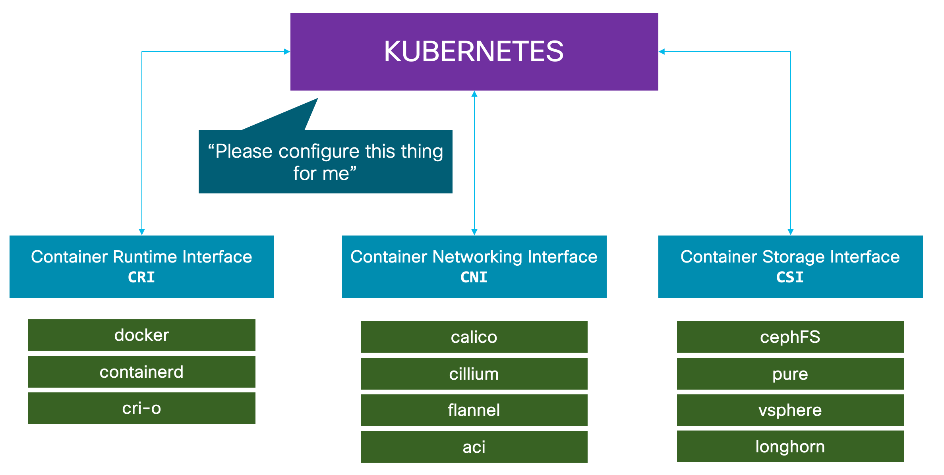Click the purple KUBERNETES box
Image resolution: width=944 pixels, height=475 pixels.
pyautogui.click(x=474, y=52)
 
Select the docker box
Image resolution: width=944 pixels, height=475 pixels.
pyautogui.click(x=142, y=335)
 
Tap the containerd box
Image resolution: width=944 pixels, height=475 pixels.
pyautogui.click(x=142, y=372)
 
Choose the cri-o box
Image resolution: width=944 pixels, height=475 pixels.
pyautogui.click(x=142, y=408)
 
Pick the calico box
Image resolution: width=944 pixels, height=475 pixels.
pyautogui.click(x=474, y=337)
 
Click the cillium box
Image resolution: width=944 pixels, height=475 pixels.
pyautogui.click(x=474, y=374)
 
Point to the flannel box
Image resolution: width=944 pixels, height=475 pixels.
pyautogui.click(x=474, y=410)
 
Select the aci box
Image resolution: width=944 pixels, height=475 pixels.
pyautogui.click(x=474, y=447)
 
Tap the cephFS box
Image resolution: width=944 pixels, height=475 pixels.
pyautogui.click(x=790, y=337)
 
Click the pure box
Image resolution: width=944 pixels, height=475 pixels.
pyautogui.click(x=790, y=374)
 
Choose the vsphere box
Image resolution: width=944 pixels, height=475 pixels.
pyautogui.click(x=790, y=410)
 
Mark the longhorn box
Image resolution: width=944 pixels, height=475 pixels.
pyautogui.click(x=790, y=446)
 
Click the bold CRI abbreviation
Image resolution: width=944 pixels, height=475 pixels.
pyautogui.click(x=141, y=277)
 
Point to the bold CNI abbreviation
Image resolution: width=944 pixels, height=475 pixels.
pyautogui.click(x=474, y=277)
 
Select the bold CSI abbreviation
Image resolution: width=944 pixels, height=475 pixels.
pyautogui.click(x=790, y=277)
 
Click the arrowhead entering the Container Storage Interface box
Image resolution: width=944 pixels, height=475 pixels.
pyautogui.click(x=791, y=232)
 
